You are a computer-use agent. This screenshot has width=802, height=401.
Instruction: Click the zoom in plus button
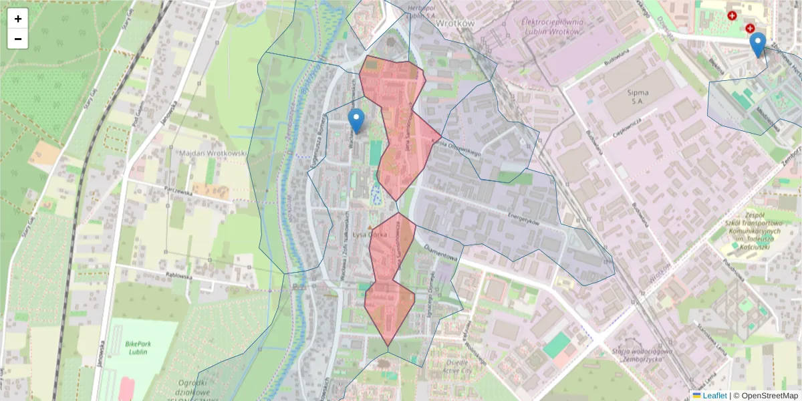(x=18, y=19)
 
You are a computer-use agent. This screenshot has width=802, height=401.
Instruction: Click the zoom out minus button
(x=18, y=39)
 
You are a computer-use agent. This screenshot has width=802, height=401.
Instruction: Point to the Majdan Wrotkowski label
(x=213, y=154)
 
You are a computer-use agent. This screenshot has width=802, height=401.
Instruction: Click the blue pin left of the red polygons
(x=356, y=121)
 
